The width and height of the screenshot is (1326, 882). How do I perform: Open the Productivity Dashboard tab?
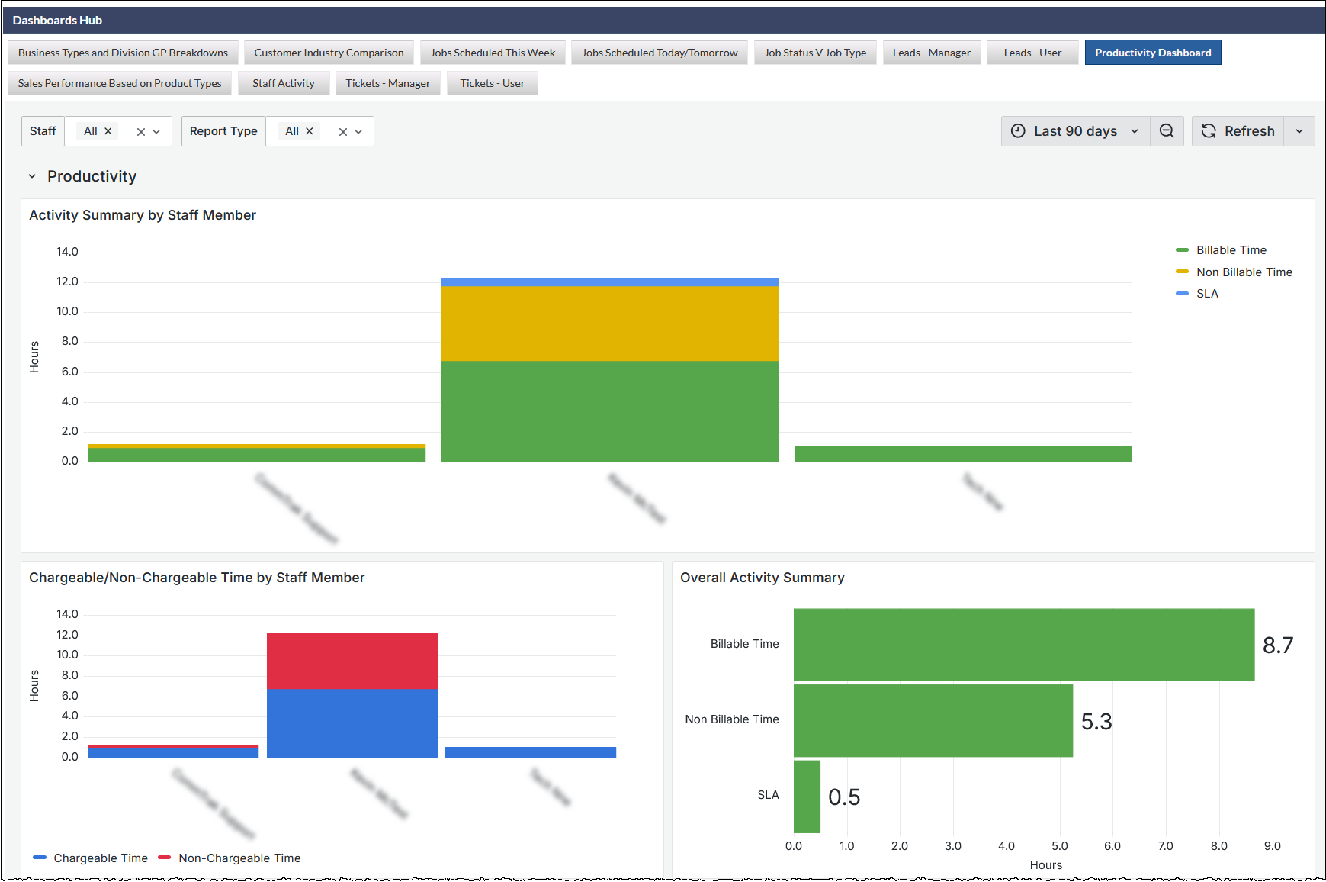pyautogui.click(x=1152, y=53)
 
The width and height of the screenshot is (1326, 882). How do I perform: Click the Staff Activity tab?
pyautogui.click(x=283, y=83)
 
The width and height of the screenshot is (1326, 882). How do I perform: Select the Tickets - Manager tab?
pyautogui.click(x=387, y=83)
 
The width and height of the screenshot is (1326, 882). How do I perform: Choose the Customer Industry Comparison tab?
pyautogui.click(x=329, y=53)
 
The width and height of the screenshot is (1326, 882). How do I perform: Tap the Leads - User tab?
pyautogui.click(x=1032, y=53)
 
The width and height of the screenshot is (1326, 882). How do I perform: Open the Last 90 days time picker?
pyautogui.click(x=1074, y=131)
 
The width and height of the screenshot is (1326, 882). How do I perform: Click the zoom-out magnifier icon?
pyautogui.click(x=1166, y=131)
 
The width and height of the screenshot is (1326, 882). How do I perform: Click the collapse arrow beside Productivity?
pyautogui.click(x=32, y=176)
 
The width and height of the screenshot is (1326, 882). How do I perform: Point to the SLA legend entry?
pyautogui.click(x=1206, y=294)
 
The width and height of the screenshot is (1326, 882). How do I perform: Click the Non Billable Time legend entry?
pyautogui.click(x=1244, y=272)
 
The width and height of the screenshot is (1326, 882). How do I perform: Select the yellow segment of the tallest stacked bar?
pyautogui.click(x=609, y=324)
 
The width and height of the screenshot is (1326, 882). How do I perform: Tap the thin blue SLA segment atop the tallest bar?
pyautogui.click(x=609, y=282)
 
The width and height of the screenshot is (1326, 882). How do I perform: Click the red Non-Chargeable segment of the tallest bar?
pyautogui.click(x=352, y=661)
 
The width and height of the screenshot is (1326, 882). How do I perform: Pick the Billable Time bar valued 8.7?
pyautogui.click(x=1023, y=645)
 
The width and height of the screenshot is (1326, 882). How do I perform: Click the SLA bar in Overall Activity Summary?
pyautogui.click(x=807, y=797)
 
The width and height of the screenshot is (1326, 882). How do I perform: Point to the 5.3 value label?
pyautogui.click(x=1096, y=722)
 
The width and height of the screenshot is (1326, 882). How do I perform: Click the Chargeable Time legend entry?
pyautogui.click(x=100, y=858)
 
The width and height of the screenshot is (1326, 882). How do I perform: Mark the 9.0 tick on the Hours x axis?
pyautogui.click(x=1272, y=846)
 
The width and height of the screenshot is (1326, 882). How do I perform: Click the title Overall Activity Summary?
pyautogui.click(x=762, y=578)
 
